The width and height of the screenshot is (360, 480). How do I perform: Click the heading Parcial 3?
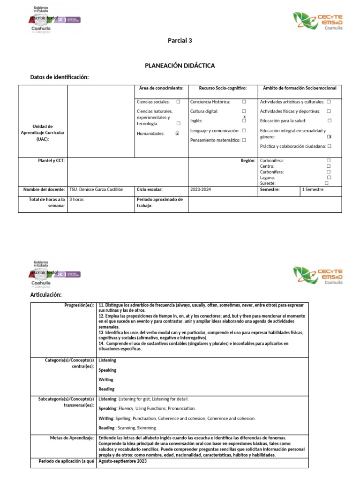coord(180,40)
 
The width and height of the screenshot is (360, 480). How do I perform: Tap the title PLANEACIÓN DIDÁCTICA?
coord(180,66)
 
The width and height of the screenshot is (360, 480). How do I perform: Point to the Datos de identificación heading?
coord(60,77)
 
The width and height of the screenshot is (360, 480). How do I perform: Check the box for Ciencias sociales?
coord(178,102)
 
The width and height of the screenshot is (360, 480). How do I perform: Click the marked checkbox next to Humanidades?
coord(177,134)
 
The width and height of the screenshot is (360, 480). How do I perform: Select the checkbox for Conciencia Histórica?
coord(244,102)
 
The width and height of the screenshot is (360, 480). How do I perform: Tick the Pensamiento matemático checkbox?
coord(244,140)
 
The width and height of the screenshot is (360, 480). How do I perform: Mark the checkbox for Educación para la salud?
coord(330,121)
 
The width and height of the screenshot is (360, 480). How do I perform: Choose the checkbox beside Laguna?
coord(329,178)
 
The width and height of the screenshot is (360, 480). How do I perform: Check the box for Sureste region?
coord(326,183)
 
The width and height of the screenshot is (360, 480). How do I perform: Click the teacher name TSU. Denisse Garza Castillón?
coord(96,190)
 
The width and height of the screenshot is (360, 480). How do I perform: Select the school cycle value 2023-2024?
coord(202,190)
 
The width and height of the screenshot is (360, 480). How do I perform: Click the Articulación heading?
coord(46,294)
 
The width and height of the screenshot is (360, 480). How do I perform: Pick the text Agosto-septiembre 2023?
coord(123,461)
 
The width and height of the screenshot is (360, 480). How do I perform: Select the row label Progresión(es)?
coord(79,305)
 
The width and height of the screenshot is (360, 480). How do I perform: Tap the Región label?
coord(248,161)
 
